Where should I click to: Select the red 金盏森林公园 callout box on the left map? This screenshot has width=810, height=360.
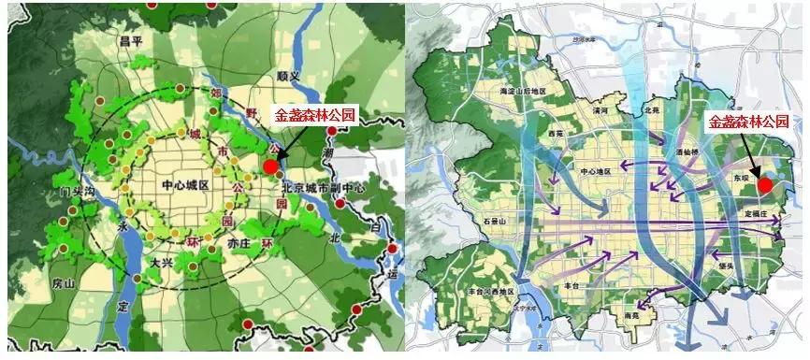click(314, 116)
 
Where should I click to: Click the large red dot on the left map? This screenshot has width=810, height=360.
click(270, 166)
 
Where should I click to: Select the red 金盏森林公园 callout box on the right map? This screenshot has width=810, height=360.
click(748, 122)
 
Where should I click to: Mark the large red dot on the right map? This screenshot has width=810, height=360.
click(765, 185)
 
